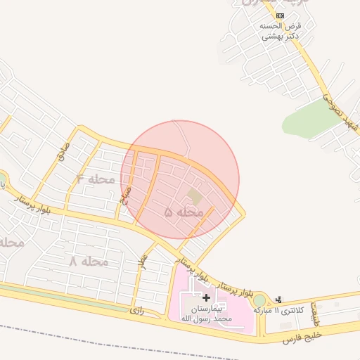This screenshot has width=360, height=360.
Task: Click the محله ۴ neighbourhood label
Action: [95, 179]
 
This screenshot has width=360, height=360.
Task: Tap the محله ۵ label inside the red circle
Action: [184, 212]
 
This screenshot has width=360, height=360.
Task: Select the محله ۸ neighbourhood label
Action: [88, 261]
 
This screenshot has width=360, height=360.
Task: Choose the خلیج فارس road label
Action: [302, 337]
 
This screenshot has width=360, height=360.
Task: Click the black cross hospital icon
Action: [205, 298]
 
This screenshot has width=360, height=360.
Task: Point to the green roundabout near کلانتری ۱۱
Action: [259, 300]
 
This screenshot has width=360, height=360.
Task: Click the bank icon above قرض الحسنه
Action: [281, 15]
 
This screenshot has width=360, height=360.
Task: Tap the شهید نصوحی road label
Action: [338, 112]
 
